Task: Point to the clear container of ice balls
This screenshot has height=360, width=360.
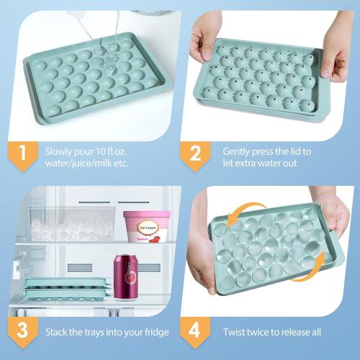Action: click(68, 228)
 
